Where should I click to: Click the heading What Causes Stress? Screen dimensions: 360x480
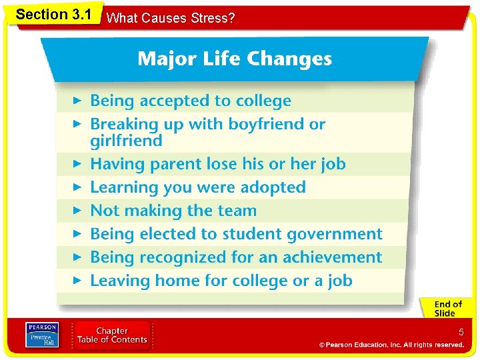pyautogui.click(x=171, y=18)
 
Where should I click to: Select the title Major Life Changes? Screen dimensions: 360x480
pyautogui.click(x=234, y=59)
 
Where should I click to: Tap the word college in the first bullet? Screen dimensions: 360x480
pyautogui.click(x=260, y=101)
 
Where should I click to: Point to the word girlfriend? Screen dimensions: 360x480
pyautogui.click(x=126, y=141)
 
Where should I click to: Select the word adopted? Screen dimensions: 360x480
pyautogui.click(x=272, y=187)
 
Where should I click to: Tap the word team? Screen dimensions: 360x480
pyautogui.click(x=235, y=211)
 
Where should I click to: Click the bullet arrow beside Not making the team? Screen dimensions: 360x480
pyautogui.click(x=77, y=211)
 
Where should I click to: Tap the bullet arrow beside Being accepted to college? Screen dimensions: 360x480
pyautogui.click(x=77, y=101)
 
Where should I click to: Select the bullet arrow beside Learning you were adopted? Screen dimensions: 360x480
pyautogui.click(x=77, y=187)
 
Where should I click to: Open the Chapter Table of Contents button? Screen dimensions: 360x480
pyautogui.click(x=112, y=335)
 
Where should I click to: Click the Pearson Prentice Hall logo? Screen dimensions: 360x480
pyautogui.click(x=41, y=335)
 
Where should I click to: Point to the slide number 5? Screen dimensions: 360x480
pyautogui.click(x=460, y=332)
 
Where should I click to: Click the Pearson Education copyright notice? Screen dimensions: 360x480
pyautogui.click(x=391, y=345)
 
